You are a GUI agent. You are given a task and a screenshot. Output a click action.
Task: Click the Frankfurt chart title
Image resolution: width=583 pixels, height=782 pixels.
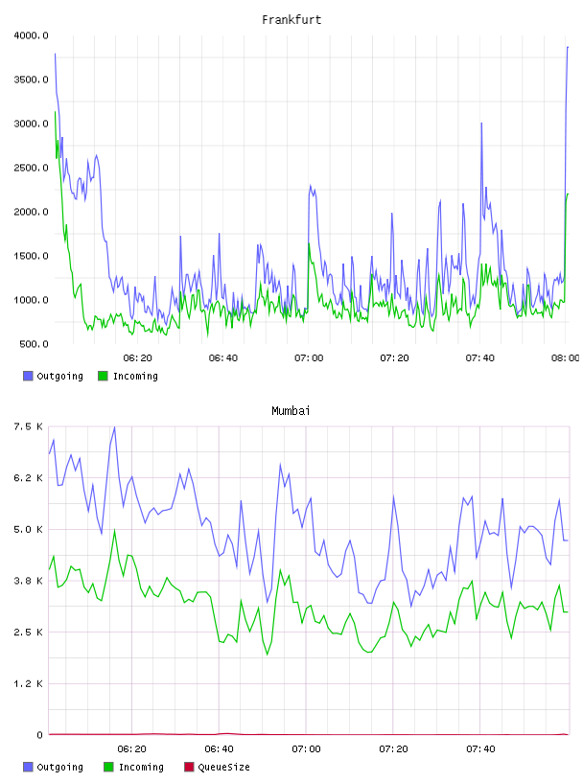point(291,19)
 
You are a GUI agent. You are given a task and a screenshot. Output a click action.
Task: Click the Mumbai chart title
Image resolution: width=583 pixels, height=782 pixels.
point(291,410)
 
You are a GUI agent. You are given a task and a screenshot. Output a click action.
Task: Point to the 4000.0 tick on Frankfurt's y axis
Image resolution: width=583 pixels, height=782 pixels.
point(31,35)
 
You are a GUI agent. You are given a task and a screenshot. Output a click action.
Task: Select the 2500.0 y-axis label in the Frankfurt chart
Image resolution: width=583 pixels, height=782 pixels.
point(31,168)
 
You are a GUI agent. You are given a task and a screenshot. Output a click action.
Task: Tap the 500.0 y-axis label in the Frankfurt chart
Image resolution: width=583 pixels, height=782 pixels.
point(34,344)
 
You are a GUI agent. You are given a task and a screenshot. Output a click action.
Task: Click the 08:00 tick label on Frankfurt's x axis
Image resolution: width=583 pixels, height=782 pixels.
point(565,357)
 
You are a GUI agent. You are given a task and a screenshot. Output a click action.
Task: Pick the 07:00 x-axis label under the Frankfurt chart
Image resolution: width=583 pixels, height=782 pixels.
point(309,357)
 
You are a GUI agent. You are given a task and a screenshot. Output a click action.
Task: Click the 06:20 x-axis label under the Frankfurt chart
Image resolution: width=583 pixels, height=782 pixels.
point(137,357)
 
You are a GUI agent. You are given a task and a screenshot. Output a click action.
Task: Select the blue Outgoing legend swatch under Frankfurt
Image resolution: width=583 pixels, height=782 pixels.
point(28,376)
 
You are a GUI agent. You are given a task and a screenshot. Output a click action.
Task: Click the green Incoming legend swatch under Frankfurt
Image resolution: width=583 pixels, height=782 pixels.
point(103,376)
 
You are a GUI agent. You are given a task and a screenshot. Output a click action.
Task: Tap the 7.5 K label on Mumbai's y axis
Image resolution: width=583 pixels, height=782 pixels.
point(28,426)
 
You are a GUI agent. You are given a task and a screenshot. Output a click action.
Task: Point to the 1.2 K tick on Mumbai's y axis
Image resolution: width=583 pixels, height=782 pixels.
point(28,683)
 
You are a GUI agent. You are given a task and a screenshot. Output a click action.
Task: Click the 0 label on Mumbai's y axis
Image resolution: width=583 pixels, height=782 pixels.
point(39,735)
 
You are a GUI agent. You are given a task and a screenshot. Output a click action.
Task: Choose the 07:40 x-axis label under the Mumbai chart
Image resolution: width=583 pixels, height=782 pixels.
point(480,748)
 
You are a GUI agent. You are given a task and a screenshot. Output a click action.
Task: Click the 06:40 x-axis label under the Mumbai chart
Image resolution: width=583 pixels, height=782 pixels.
point(219,748)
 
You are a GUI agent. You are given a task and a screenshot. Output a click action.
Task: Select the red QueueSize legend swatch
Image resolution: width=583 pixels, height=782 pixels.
point(189,767)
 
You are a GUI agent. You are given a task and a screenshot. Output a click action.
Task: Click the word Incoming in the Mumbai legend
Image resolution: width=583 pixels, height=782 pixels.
point(141,767)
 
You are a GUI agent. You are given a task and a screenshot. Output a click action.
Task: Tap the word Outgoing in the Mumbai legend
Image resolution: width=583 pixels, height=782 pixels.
point(59,767)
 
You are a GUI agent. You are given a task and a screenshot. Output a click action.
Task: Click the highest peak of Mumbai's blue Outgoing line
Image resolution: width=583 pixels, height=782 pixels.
point(114,426)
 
